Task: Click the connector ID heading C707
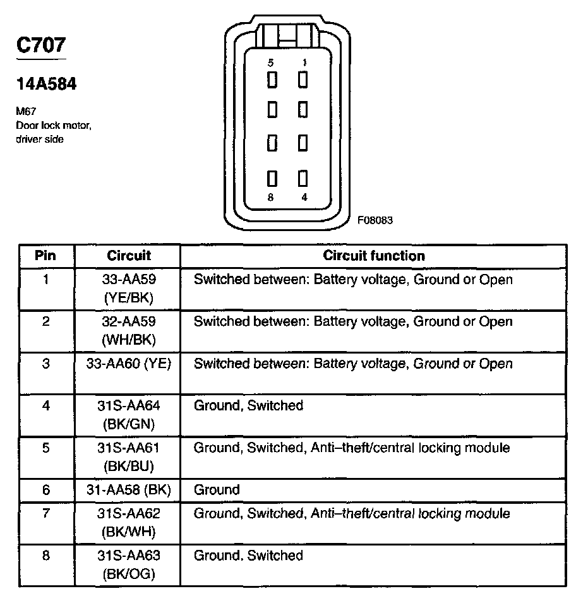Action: [40, 45]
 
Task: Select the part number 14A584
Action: [45, 84]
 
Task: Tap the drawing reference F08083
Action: [375, 220]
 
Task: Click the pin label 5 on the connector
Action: [271, 63]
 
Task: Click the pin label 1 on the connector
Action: [304, 63]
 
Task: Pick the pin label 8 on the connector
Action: [271, 197]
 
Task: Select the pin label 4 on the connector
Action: [304, 197]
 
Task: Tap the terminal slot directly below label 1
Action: [303, 80]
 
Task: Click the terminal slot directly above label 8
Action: [272, 179]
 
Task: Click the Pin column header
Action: [46, 256]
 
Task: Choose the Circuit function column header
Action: [374, 256]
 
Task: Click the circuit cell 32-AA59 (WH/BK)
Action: [128, 330]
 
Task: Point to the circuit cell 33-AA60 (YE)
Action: [128, 364]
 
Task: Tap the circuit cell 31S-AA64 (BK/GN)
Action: [128, 414]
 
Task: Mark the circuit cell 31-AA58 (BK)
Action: [128, 489]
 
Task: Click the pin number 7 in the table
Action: [45, 513]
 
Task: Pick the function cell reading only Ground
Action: [217, 489]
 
